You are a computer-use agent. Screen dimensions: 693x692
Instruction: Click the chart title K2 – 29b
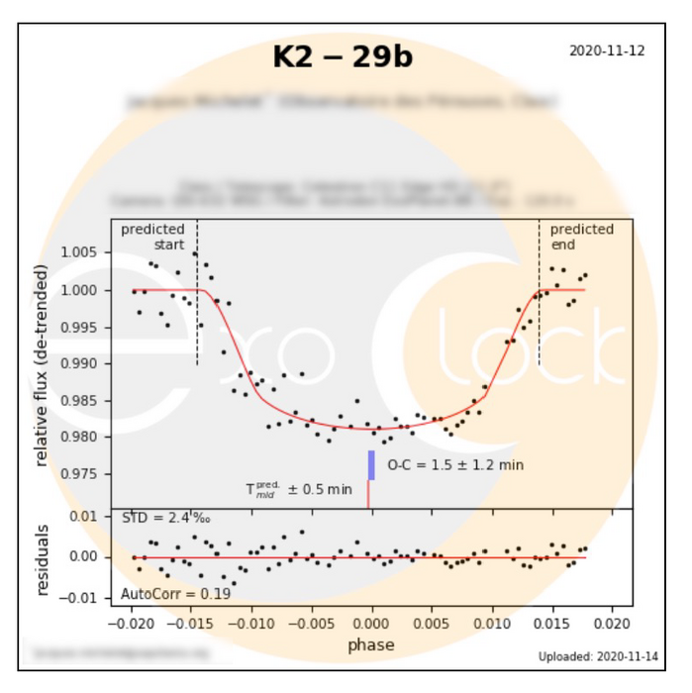(x=343, y=57)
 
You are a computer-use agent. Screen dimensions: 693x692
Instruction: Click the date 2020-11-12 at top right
(x=607, y=50)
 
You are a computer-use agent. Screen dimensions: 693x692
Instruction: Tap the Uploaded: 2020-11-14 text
(x=598, y=656)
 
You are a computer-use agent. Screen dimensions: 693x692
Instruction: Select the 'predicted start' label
(x=153, y=237)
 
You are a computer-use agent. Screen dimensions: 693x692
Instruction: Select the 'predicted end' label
(x=581, y=237)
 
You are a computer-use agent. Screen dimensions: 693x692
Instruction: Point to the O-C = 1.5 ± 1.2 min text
(x=454, y=464)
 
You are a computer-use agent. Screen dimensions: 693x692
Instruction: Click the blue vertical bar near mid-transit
(x=371, y=465)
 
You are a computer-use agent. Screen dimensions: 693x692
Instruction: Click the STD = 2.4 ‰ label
(x=165, y=518)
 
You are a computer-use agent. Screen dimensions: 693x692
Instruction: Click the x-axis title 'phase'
(x=371, y=644)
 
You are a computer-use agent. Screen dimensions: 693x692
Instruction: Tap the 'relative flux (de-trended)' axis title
(x=43, y=365)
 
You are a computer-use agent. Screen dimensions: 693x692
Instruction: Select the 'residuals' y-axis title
(x=43, y=558)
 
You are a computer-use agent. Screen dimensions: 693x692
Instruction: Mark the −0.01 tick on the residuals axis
(x=80, y=598)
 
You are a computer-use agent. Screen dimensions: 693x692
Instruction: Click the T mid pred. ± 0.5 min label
(x=298, y=489)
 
